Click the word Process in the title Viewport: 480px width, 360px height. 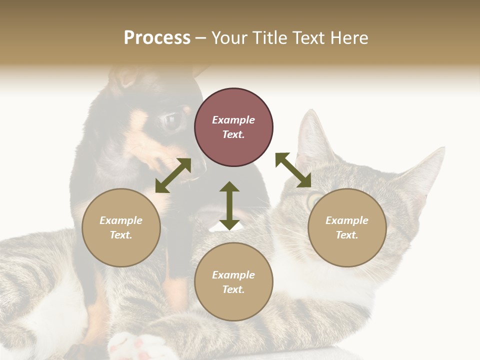157,38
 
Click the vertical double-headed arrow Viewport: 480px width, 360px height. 229,205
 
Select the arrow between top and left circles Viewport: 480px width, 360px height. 173,175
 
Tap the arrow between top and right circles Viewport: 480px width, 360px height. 293,170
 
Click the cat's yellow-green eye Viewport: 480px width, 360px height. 315,201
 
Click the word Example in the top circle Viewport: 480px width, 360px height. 233,120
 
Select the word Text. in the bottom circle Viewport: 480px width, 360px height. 233,289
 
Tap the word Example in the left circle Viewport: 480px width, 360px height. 121,220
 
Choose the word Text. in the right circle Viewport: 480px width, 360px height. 347,235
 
